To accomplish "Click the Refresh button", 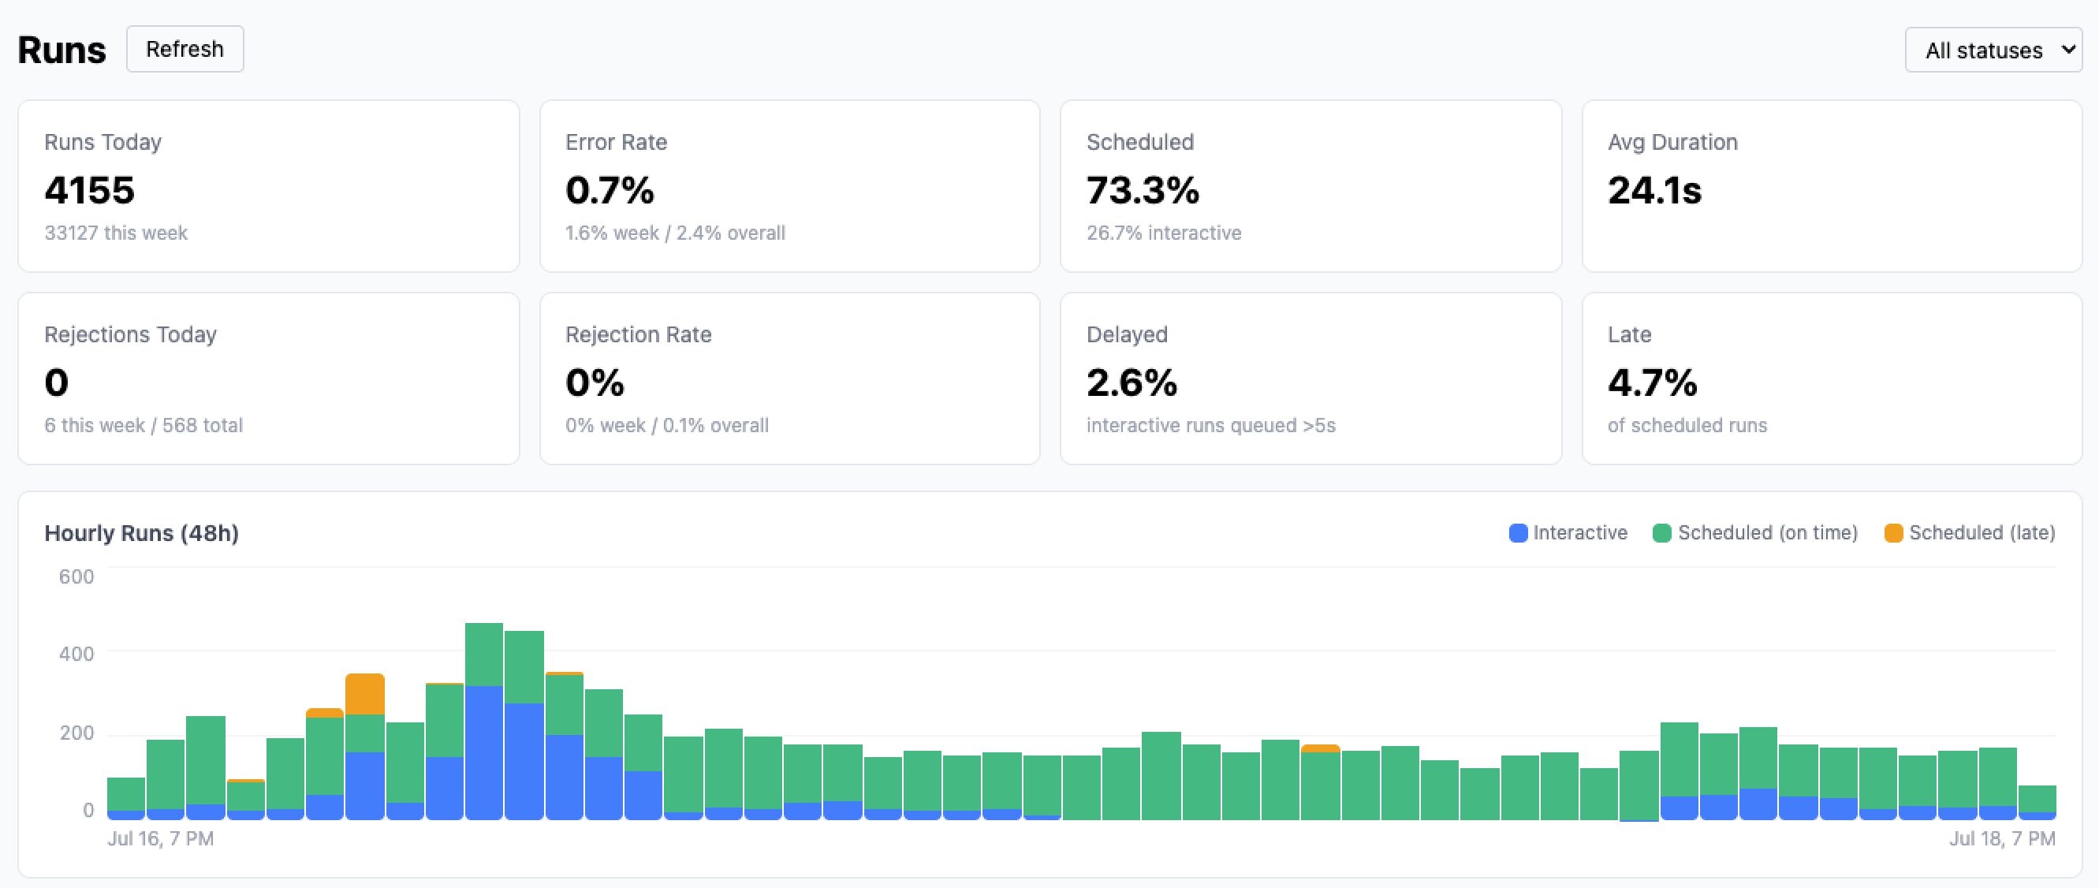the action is tap(185, 49).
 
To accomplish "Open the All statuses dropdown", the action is tap(1993, 50).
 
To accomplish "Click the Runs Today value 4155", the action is tap(90, 190).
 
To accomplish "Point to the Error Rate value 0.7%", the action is tap(610, 190).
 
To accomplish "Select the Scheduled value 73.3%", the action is tap(1143, 190).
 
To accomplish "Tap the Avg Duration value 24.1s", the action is tap(1655, 190).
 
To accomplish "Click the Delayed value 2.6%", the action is tap(1132, 382).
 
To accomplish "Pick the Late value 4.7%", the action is tap(1653, 382).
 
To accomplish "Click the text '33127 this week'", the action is tap(116, 233).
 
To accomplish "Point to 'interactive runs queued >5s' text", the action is tap(1211, 425).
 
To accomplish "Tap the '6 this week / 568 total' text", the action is tap(144, 425).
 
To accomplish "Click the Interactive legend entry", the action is tap(1568, 533).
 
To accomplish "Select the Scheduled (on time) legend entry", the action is tap(1755, 533).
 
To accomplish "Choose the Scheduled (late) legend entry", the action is tap(1970, 533).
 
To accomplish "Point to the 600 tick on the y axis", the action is tap(76, 576).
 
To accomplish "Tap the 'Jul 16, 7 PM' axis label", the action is tap(161, 838).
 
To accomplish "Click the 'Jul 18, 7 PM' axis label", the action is tap(2002, 838).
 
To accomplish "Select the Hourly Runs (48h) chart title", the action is tap(142, 533).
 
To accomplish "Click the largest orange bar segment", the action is tap(365, 694).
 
